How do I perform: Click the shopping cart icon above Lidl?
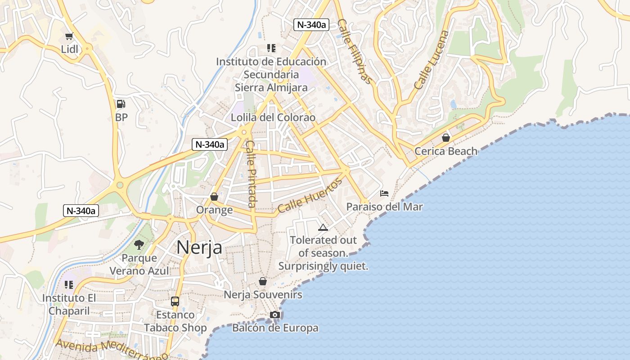pos(69,36)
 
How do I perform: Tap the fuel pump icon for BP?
pos(121,104)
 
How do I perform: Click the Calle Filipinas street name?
pos(355,51)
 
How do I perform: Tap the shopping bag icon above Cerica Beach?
pos(446,138)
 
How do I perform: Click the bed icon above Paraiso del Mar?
pos(384,193)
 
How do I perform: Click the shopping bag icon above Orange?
pos(214,197)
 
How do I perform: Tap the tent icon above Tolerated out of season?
pos(323,227)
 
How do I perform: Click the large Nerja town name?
pos(199,247)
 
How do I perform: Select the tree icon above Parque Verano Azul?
pos(139,245)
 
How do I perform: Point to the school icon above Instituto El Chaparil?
pos(69,285)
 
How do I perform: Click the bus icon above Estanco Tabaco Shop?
pos(175,301)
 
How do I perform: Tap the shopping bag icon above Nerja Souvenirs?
pos(263,282)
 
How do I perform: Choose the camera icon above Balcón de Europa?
pos(275,315)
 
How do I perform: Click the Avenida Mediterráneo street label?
pos(112,350)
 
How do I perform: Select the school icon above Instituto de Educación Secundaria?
pos(271,48)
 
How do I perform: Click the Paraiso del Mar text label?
pos(384,207)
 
